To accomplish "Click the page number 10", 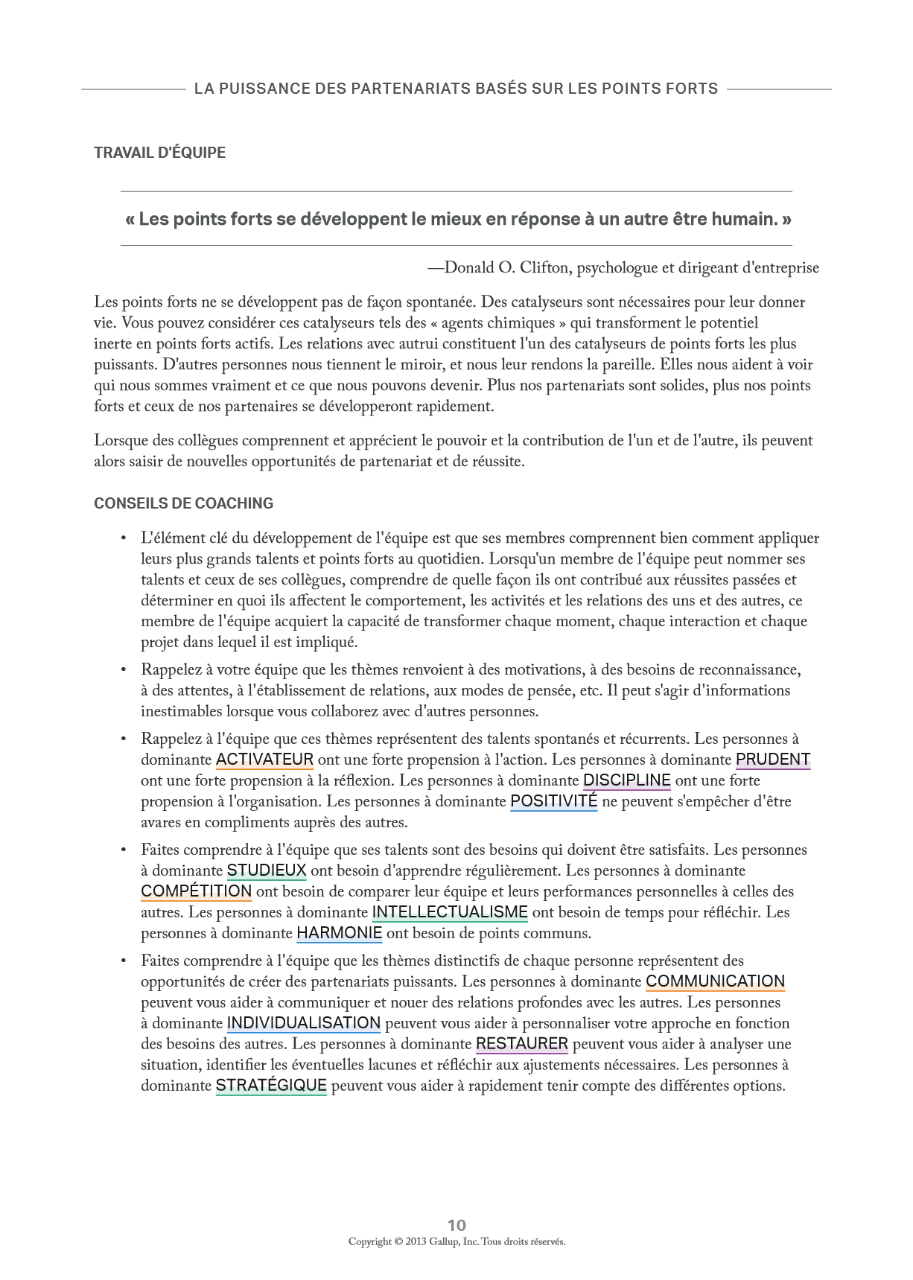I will pyautogui.click(x=456, y=1225).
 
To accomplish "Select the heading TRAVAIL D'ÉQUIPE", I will pyautogui.click(x=159, y=153).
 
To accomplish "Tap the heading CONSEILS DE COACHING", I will pyautogui.click(x=183, y=503).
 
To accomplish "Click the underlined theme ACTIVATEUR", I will pyautogui.click(x=264, y=760).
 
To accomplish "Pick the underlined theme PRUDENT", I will pyautogui.click(x=772, y=760).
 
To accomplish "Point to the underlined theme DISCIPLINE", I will pyautogui.click(x=626, y=780).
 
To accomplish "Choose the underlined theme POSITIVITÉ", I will pyautogui.click(x=553, y=801).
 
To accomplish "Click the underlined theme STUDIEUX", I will pyautogui.click(x=267, y=870).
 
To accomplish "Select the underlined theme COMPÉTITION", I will pyautogui.click(x=196, y=891).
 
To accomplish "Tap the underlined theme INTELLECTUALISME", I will pyautogui.click(x=450, y=912).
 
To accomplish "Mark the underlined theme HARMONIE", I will pyautogui.click(x=339, y=933).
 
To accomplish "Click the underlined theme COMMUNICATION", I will pyautogui.click(x=715, y=981).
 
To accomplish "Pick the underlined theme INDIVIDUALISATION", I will pyautogui.click(x=303, y=1023).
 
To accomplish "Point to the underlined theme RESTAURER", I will pyautogui.click(x=521, y=1044).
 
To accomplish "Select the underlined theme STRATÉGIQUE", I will pyautogui.click(x=271, y=1086).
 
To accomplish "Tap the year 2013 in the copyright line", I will pyautogui.click(x=416, y=1241).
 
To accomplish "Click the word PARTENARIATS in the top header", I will pyautogui.click(x=409, y=89).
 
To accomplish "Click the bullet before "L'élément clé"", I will pyautogui.click(x=124, y=538).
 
